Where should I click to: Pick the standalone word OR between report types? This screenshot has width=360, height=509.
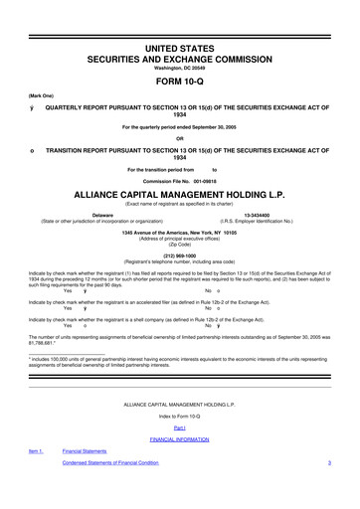[180, 138]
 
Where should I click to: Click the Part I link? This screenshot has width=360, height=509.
[180, 427]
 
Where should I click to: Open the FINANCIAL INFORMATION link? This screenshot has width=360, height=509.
[180, 438]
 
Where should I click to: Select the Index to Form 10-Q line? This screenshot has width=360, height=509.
[180, 416]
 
